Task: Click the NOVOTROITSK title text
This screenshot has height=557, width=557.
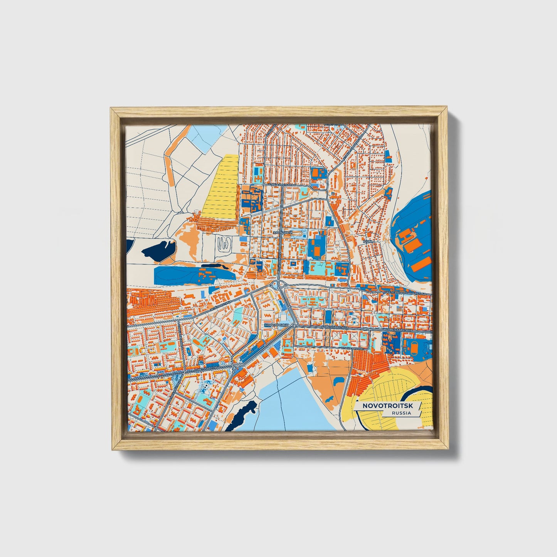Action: point(387,406)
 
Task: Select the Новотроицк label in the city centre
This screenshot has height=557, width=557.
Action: point(276,325)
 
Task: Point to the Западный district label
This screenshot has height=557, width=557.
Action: point(283,233)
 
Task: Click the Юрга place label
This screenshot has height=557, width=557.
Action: point(368,241)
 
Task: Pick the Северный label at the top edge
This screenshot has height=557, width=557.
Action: point(333,125)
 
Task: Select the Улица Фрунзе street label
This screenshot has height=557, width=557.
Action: point(352,348)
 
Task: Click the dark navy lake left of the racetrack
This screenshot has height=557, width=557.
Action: point(159,249)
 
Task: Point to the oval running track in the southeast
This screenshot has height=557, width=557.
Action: point(413,346)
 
